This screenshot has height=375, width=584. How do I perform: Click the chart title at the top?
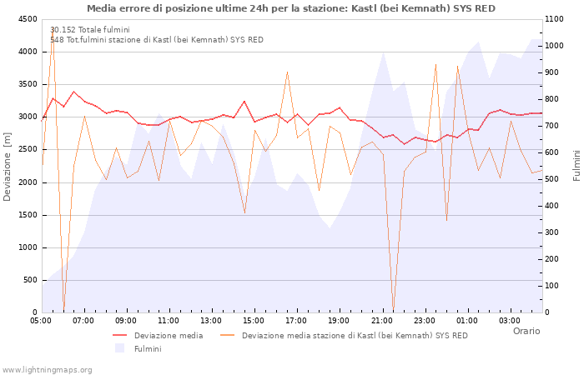point(291,8)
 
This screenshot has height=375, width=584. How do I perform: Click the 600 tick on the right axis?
point(555,152)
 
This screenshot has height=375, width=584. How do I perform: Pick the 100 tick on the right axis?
point(555,286)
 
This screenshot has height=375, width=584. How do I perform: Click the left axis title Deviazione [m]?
point(8,166)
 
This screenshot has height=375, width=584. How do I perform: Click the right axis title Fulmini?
point(576,166)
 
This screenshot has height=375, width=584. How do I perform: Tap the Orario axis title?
point(526,332)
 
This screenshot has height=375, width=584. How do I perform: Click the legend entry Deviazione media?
point(169,336)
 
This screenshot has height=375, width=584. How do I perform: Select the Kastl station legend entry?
point(355,336)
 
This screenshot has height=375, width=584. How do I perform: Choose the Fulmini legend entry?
point(148,348)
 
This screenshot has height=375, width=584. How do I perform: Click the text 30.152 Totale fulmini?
point(90,30)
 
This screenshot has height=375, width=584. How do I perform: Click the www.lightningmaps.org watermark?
point(48,369)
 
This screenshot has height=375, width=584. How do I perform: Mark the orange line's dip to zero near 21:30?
point(393,310)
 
